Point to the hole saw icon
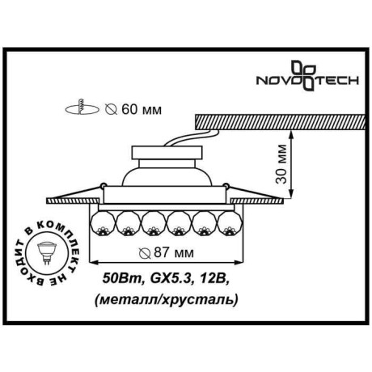coord(78,107)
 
